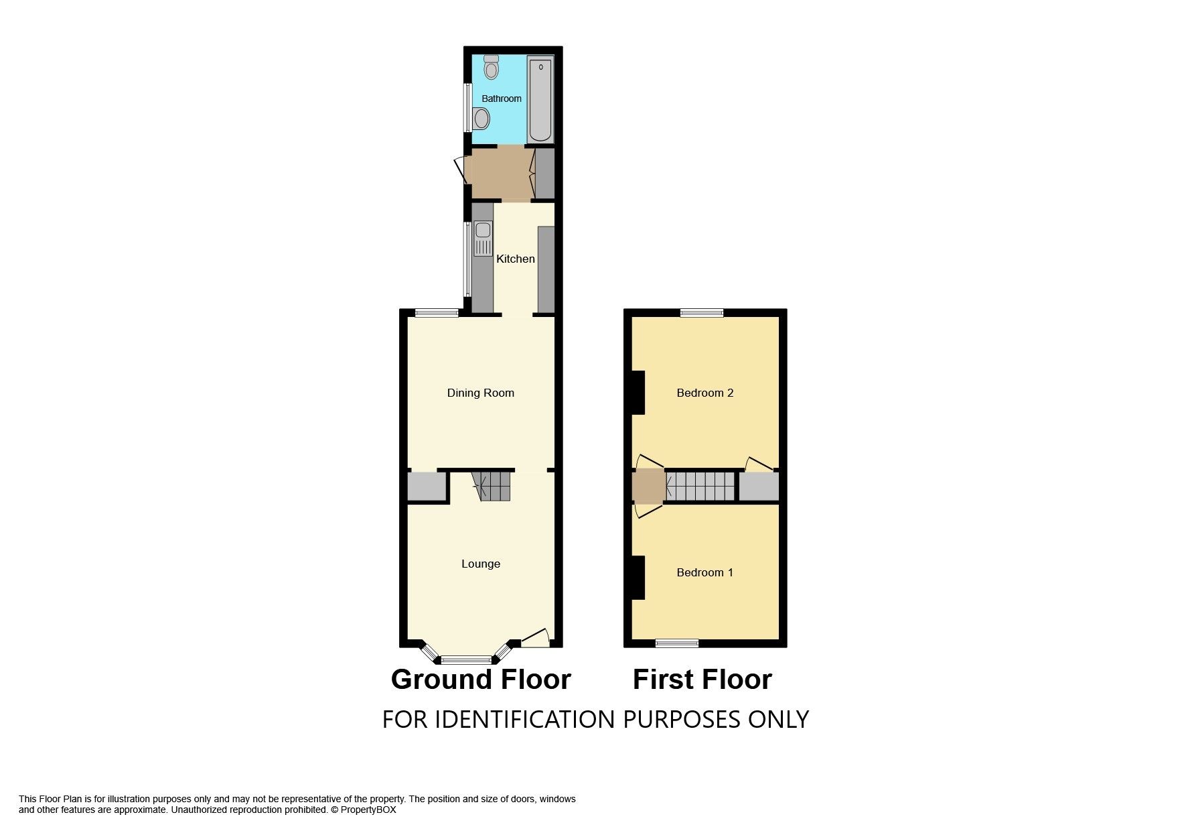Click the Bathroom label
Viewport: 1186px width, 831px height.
[501, 99]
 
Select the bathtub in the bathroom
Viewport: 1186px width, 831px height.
[540, 99]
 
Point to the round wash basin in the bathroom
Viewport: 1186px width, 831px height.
[481, 120]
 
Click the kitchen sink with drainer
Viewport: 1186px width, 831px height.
[483, 239]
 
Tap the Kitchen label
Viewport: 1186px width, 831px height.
[515, 259]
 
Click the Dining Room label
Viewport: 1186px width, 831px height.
[480, 393]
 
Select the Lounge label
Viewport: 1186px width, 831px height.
[480, 564]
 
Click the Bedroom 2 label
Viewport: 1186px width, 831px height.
[705, 393]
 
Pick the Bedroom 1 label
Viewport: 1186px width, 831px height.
[705, 572]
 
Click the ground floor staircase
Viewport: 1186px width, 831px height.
[494, 486]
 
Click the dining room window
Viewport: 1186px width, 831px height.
[437, 312]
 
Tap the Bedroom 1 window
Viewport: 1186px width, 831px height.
[677, 643]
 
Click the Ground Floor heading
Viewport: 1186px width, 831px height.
[480, 680]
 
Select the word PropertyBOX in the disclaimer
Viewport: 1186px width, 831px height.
[368, 810]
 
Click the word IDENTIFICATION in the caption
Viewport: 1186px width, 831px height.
[524, 719]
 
